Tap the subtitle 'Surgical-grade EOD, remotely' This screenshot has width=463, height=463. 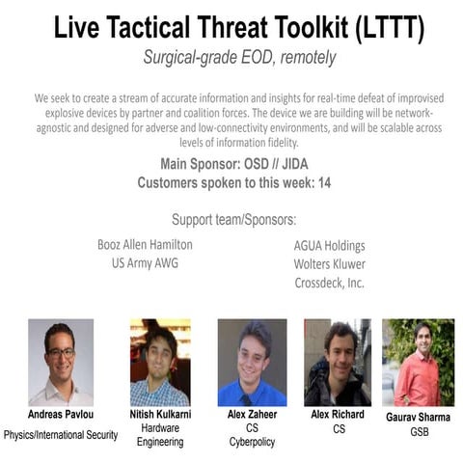tap(238, 58)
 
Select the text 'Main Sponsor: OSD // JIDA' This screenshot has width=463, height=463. tap(236, 163)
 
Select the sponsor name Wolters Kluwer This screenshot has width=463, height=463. tap(330, 263)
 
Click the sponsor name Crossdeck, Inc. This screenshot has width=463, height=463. tap(329, 282)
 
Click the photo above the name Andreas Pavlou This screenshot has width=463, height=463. tap(61, 363)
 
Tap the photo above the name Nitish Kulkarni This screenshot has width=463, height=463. tap(159, 363)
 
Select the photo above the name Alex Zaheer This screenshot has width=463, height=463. tap(252, 363)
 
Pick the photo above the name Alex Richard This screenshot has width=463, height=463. tap(338, 363)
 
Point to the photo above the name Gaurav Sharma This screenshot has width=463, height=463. tap(418, 363)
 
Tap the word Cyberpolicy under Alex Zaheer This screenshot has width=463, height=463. tap(253, 443)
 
